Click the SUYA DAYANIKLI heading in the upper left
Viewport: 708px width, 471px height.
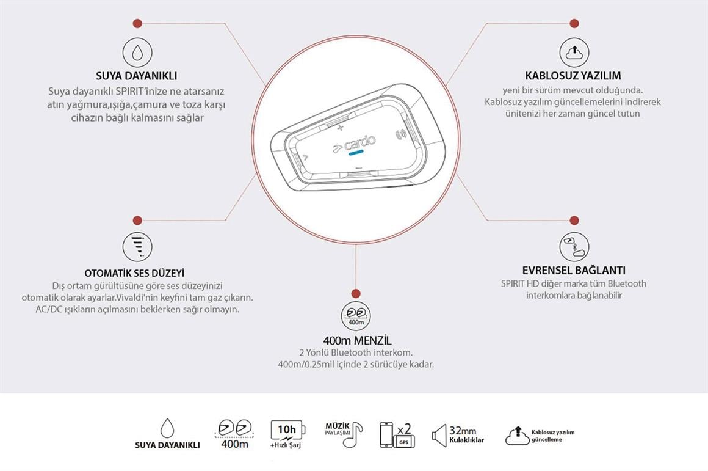[137, 76]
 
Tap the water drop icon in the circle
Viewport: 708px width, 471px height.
[137, 52]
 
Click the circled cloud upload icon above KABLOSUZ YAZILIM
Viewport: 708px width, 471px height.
[574, 52]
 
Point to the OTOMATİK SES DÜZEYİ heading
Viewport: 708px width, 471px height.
[134, 273]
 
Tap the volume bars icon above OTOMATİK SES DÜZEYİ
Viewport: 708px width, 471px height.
[137, 246]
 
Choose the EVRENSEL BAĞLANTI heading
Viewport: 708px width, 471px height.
[574, 270]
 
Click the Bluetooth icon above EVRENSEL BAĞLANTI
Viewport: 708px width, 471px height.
[574, 246]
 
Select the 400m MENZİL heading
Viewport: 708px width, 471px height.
[357, 340]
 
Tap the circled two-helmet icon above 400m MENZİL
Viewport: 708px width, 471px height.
[356, 315]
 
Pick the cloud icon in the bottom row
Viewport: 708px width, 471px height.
[516, 436]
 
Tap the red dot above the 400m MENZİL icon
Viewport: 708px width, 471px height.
[356, 294]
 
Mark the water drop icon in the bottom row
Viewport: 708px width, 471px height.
[167, 428]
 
